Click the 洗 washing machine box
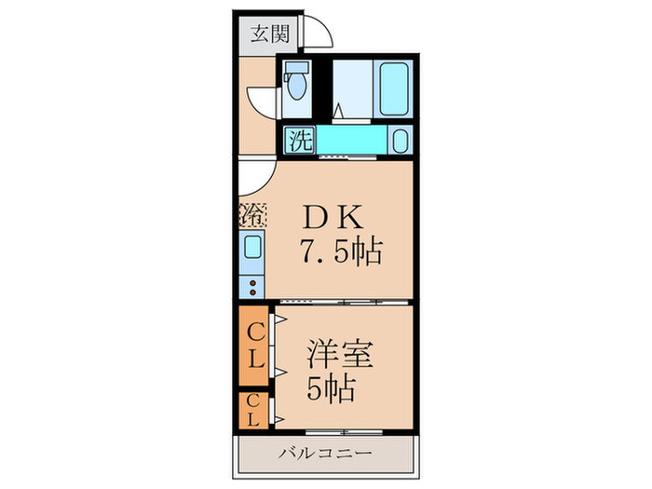click(299, 140)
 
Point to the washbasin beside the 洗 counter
click(400, 142)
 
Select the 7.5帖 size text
click(340, 251)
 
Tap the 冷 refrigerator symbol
click(252, 214)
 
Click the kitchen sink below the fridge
click(252, 250)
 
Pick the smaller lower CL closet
click(253, 410)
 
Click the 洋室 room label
click(341, 357)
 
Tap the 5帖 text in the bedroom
click(332, 387)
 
